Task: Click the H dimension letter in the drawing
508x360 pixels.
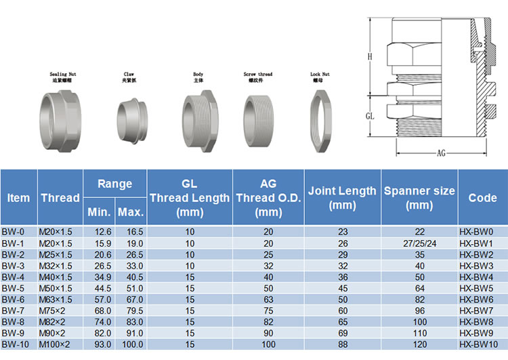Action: (x=370, y=57)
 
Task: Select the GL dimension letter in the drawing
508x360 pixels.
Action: (x=370, y=116)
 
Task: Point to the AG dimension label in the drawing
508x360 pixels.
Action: (x=441, y=153)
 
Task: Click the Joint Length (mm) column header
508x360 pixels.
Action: (x=342, y=197)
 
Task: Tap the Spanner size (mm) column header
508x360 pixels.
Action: (x=419, y=197)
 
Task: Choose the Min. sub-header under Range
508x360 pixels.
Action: (x=99, y=212)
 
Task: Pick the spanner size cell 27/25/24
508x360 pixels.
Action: (x=419, y=243)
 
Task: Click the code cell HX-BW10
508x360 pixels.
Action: (x=482, y=344)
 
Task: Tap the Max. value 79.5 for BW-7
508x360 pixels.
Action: (x=131, y=311)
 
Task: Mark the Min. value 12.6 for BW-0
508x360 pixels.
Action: (x=99, y=231)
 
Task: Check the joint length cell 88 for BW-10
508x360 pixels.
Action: (x=342, y=344)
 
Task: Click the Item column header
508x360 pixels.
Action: (x=19, y=197)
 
